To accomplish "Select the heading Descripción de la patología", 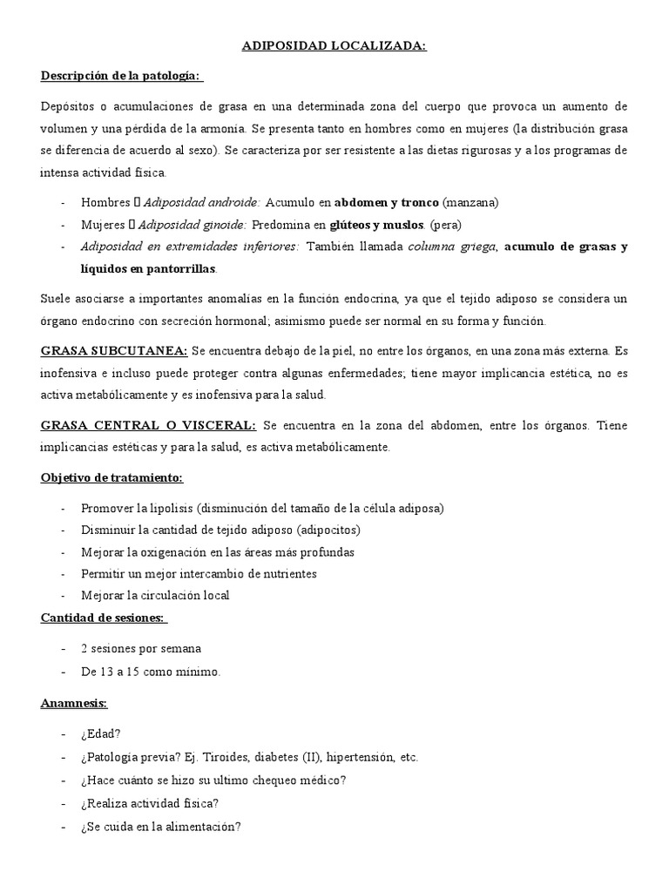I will (x=121, y=77).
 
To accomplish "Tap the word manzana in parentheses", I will (x=470, y=203).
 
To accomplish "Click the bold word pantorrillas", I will (x=181, y=268).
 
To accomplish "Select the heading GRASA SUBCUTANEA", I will (x=114, y=351).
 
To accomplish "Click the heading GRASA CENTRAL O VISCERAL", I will (x=148, y=425).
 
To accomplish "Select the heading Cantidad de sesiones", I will (x=104, y=618).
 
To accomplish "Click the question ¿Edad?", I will (x=101, y=734).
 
